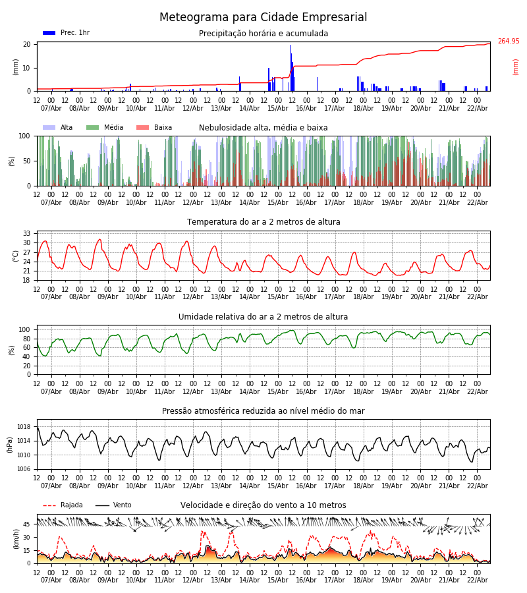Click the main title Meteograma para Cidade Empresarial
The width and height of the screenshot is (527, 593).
[263, 18]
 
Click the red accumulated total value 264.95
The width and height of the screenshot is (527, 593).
[508, 42]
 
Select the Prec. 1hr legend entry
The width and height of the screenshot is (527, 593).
[66, 33]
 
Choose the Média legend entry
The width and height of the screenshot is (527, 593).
[105, 128]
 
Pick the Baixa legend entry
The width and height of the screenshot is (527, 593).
[154, 128]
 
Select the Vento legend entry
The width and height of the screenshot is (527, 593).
[113, 505]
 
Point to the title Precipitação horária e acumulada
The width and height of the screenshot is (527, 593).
[263, 34]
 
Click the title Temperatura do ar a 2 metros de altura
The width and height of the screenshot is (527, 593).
[263, 222]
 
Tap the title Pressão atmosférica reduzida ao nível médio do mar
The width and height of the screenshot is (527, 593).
[263, 411]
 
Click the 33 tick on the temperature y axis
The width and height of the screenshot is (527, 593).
[27, 234]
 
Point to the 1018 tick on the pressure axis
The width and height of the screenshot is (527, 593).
[24, 427]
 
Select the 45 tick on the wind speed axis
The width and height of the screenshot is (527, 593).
[27, 524]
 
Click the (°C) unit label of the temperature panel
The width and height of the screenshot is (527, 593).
[16, 256]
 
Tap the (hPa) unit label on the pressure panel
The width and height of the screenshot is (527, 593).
[10, 444]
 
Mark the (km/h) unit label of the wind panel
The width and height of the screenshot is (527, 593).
[16, 539]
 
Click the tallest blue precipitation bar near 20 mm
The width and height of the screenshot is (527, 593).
[290, 66]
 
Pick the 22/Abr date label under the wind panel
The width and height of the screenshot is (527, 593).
[478, 580]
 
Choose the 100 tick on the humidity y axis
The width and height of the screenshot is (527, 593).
[25, 329]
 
